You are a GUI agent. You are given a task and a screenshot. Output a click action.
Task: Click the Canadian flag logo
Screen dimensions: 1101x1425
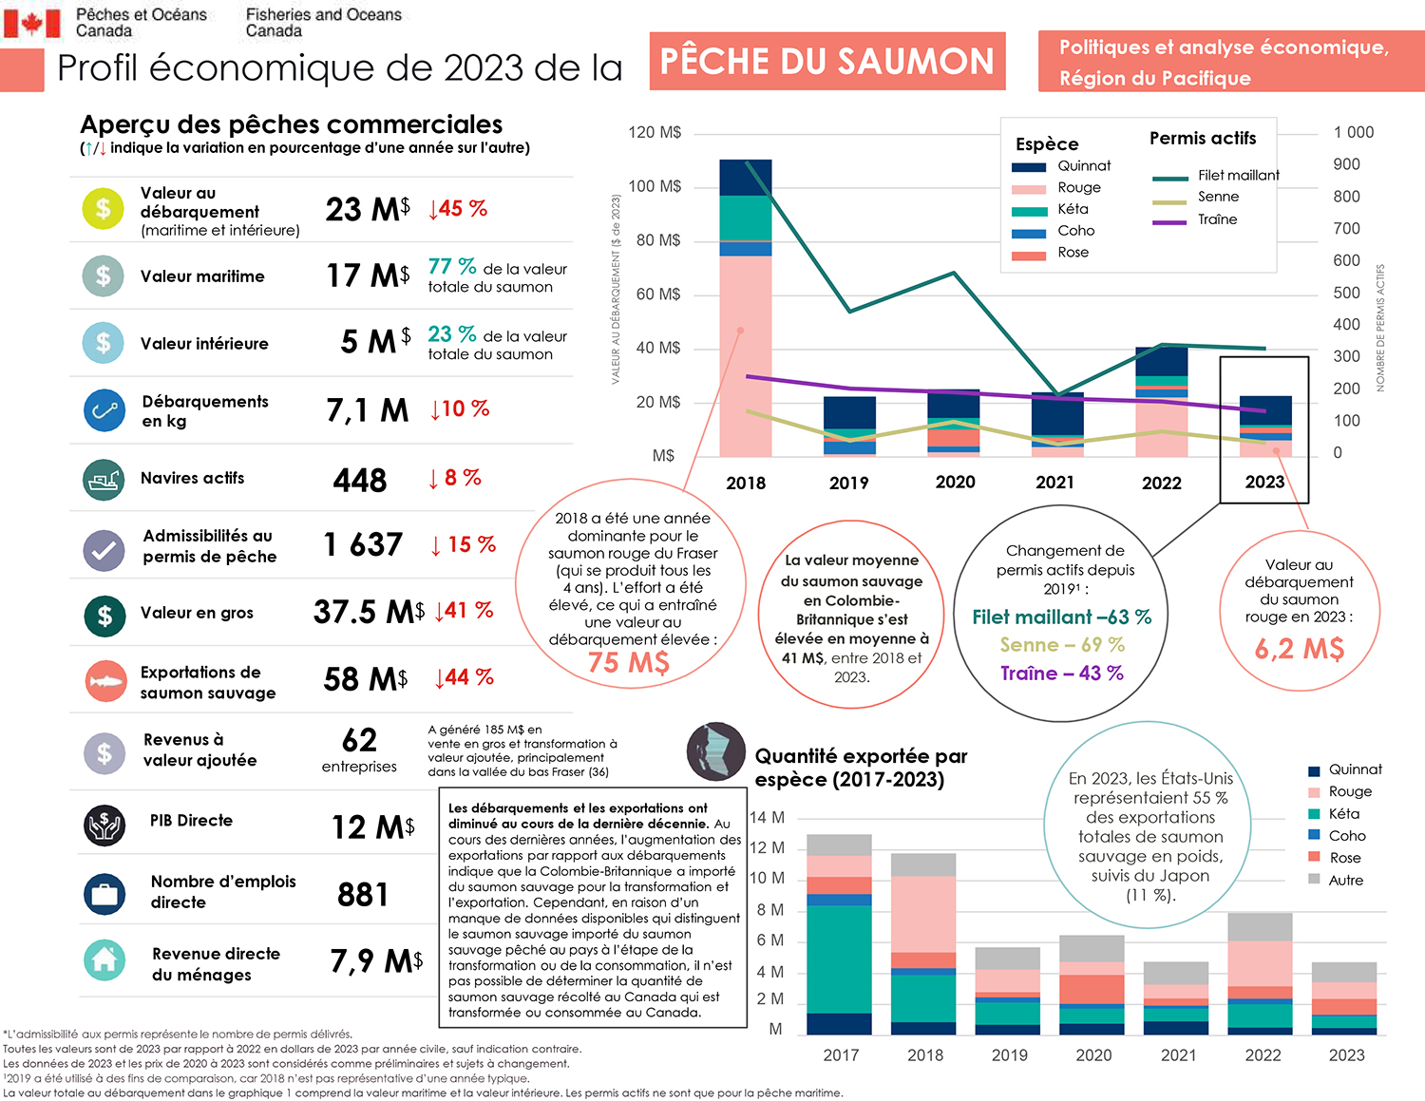pyautogui.click(x=32, y=23)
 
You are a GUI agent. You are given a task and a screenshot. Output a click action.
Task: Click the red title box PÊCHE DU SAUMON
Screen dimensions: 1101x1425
pyautogui.click(x=826, y=62)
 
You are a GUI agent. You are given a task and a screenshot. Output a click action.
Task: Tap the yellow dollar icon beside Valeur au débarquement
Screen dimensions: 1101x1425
pyautogui.click(x=103, y=209)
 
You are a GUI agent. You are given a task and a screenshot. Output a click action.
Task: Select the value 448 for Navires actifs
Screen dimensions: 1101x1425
pyautogui.click(x=360, y=481)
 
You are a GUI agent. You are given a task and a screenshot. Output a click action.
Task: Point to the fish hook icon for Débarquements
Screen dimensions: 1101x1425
pyautogui.click(x=104, y=410)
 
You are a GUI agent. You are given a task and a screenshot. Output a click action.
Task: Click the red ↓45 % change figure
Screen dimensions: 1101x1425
pyautogui.click(x=458, y=209)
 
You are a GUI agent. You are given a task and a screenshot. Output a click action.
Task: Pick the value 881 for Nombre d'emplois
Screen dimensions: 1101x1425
pyautogui.click(x=363, y=895)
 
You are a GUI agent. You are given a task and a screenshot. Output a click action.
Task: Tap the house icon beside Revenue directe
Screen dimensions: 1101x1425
pyautogui.click(x=104, y=960)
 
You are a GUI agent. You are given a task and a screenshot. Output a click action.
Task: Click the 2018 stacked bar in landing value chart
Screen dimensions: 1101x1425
pyautogui.click(x=746, y=309)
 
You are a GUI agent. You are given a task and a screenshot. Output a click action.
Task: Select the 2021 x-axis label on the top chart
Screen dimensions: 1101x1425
pyautogui.click(x=1054, y=483)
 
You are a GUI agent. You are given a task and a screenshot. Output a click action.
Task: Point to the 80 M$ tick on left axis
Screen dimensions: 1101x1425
pyautogui.click(x=658, y=240)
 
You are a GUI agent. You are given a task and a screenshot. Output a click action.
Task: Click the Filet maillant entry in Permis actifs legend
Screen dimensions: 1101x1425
pyautogui.click(x=1238, y=176)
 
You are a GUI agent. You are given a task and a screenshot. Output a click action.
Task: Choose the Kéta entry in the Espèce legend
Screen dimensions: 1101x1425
pyautogui.click(x=1073, y=209)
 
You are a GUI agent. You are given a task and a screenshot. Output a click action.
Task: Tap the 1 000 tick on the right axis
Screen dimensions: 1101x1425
pyautogui.click(x=1354, y=133)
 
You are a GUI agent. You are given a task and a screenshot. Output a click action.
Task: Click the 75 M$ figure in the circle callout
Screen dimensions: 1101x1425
pyautogui.click(x=629, y=662)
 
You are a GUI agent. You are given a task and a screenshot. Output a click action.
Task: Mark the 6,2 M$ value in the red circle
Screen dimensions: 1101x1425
pyautogui.click(x=1299, y=649)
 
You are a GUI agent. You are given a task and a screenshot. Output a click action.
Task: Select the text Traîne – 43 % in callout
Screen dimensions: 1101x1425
pyautogui.click(x=1061, y=674)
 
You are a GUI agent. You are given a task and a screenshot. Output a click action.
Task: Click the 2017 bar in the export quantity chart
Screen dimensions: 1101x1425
pyautogui.click(x=839, y=936)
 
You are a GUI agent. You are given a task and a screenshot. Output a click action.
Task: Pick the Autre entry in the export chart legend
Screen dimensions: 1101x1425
pyautogui.click(x=1345, y=881)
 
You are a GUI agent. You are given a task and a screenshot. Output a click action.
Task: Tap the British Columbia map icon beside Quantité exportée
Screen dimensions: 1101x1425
pyautogui.click(x=715, y=751)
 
